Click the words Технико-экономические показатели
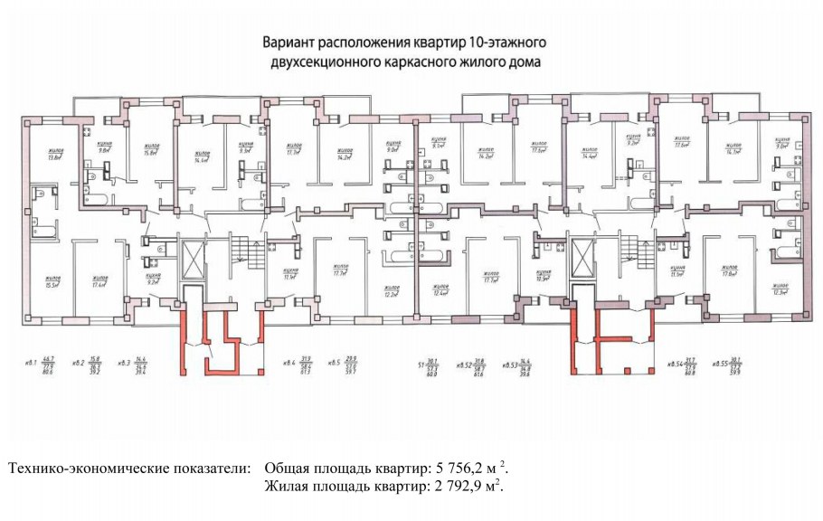(x=129, y=469)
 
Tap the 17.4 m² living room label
(x=99, y=281)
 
